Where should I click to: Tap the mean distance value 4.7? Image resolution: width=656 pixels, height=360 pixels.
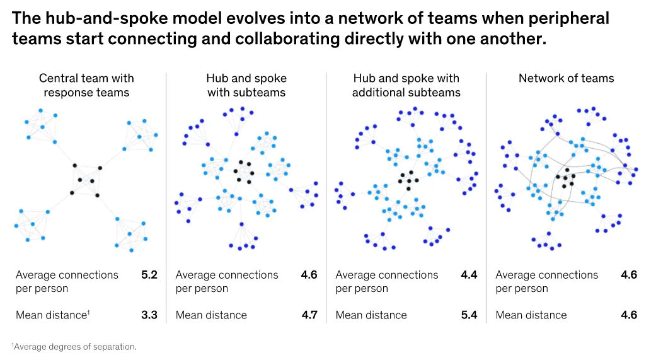(x=309, y=315)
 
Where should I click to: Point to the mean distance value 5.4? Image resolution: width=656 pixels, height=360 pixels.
(x=469, y=315)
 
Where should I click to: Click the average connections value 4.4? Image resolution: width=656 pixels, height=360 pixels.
(x=469, y=275)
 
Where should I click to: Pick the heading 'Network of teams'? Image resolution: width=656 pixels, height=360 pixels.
(x=566, y=79)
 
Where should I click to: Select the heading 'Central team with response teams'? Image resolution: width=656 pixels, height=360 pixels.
(x=86, y=86)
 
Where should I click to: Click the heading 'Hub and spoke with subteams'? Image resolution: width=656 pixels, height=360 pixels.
(x=246, y=86)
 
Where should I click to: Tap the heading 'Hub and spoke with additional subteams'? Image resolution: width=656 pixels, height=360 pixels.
(x=406, y=86)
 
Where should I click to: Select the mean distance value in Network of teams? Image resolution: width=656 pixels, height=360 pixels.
(x=629, y=315)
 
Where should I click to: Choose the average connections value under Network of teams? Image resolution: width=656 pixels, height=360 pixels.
(x=629, y=275)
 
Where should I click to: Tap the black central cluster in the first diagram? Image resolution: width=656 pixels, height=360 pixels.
(x=86, y=180)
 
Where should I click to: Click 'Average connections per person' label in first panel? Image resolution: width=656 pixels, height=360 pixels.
(x=67, y=281)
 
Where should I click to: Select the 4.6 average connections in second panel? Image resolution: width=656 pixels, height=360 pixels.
(x=309, y=275)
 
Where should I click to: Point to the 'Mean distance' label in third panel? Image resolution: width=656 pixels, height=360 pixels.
(x=371, y=315)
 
